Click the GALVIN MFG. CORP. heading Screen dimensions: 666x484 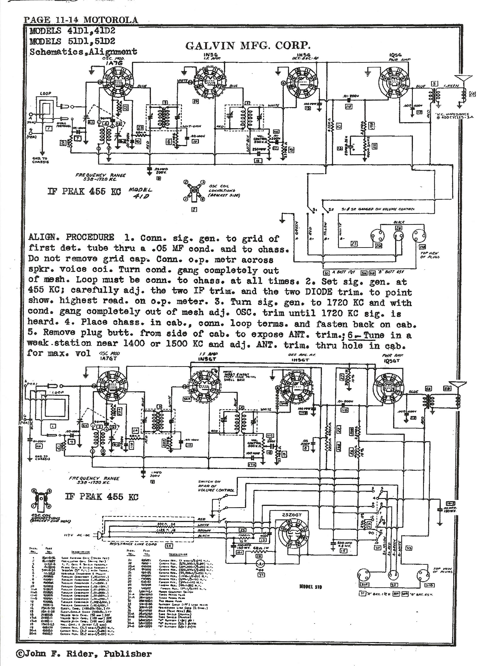point(248,45)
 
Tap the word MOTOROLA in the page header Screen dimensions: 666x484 point(111,20)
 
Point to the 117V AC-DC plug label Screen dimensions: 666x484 point(77,535)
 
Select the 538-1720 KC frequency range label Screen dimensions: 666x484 point(100,177)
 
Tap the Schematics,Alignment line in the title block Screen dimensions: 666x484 point(83,52)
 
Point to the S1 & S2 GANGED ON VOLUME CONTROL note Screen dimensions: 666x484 point(378,209)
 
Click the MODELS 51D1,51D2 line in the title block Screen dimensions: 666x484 point(72,41)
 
